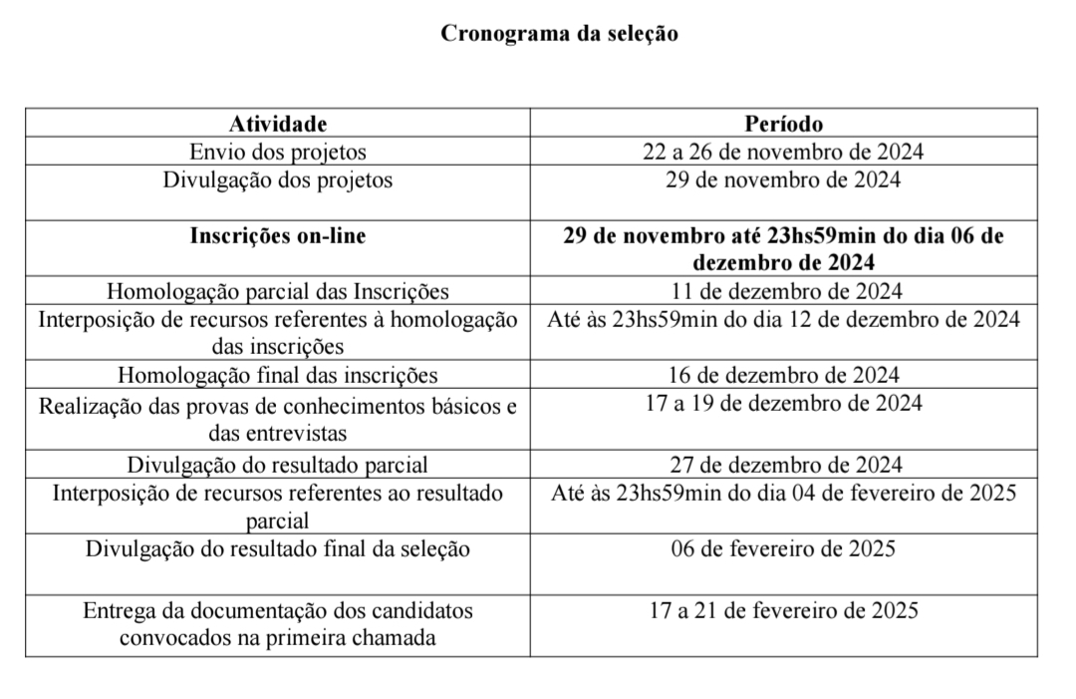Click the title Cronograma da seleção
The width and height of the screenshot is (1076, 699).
(x=559, y=34)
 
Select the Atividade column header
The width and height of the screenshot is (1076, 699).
(x=278, y=125)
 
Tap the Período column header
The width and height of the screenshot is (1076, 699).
(x=783, y=125)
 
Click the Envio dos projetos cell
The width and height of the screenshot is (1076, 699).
(x=278, y=153)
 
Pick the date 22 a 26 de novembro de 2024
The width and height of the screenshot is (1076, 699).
(x=783, y=153)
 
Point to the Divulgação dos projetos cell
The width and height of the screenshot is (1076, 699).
(x=278, y=180)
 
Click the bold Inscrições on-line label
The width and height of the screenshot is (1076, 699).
(x=278, y=236)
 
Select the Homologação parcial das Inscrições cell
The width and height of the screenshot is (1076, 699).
(x=278, y=292)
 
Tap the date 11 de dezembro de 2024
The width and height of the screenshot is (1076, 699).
(x=783, y=292)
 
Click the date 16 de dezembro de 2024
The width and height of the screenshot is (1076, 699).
(x=783, y=376)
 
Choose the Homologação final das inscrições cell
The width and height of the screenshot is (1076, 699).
(x=278, y=376)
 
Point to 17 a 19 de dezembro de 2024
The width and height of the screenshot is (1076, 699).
(x=783, y=404)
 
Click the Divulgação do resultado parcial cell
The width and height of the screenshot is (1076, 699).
(x=278, y=465)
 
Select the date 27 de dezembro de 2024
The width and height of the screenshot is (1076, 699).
(x=783, y=465)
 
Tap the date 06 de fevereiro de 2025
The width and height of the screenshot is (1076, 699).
(x=783, y=548)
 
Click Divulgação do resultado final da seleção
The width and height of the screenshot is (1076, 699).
(x=278, y=548)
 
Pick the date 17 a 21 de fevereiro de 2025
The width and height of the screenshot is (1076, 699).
(x=783, y=610)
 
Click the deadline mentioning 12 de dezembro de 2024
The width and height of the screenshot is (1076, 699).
(x=783, y=320)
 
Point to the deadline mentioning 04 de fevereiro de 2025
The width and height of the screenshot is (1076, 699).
(x=783, y=493)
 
